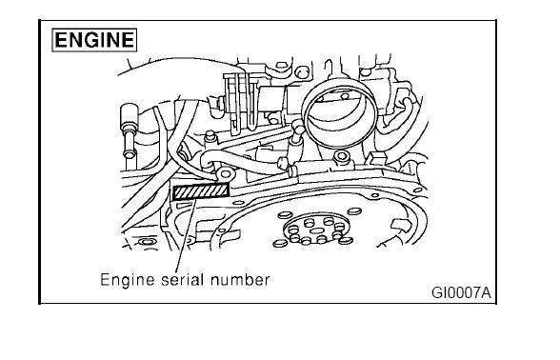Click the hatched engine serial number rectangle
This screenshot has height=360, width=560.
click(201, 191)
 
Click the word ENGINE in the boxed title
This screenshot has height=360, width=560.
click(94, 39)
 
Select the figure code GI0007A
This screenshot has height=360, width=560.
click(461, 293)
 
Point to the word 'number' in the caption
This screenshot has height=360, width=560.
click(240, 280)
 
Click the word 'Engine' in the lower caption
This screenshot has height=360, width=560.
click(128, 280)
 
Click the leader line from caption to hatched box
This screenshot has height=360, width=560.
click(186, 236)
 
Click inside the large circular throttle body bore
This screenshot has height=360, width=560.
click(341, 114)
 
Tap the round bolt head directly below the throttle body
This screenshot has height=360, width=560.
click(342, 157)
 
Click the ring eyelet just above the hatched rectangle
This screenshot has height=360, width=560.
click(226, 174)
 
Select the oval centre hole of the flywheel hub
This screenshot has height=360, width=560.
click(316, 230)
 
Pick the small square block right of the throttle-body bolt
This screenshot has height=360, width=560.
click(376, 157)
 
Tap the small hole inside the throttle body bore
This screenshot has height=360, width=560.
click(345, 96)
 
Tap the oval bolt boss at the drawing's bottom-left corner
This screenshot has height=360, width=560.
click(146, 242)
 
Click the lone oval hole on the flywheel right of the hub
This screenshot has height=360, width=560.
click(354, 211)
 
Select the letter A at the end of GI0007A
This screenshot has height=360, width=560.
click(486, 293)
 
